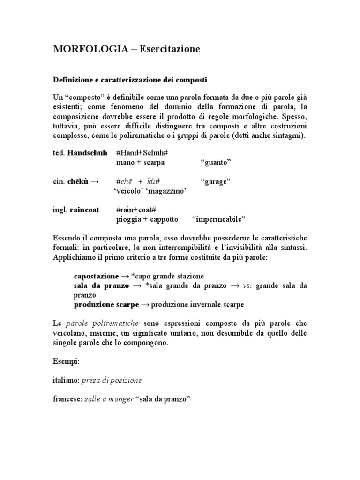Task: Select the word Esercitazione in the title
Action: coord(167,49)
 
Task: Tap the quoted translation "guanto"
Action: coord(216,163)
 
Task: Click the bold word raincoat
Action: coord(84,210)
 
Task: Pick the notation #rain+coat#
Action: coord(135,210)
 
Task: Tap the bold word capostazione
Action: coord(96,276)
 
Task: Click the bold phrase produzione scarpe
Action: coord(106,304)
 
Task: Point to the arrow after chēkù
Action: coord(94,181)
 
